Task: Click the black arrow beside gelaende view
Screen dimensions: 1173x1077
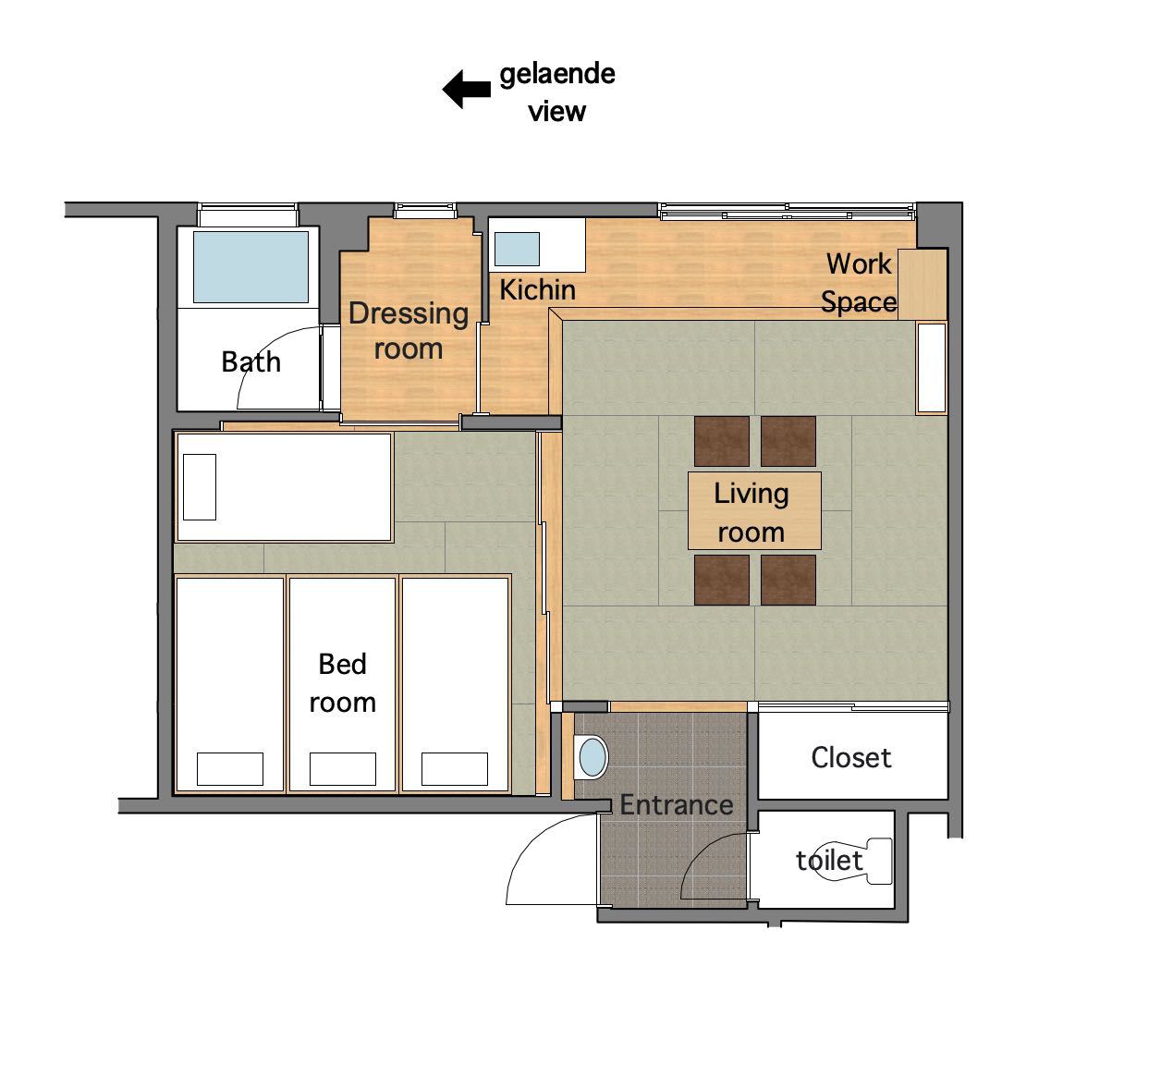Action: coord(466,90)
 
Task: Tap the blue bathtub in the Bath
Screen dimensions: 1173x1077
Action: coord(250,267)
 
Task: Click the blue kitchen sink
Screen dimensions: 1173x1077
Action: coord(517,249)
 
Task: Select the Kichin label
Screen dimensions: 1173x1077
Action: coord(537,290)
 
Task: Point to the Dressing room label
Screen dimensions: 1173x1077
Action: coord(409,331)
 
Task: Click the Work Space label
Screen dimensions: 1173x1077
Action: coord(859,283)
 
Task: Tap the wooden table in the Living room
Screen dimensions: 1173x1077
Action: coord(754,510)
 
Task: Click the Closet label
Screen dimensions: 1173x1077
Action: coord(850,758)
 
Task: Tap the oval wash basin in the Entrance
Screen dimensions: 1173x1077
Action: coord(593,757)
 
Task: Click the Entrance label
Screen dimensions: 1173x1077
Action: coord(676,805)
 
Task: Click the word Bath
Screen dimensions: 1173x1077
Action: coord(250,362)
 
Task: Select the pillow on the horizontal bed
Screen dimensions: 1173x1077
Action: coord(200,486)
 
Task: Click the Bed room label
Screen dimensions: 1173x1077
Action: coord(343,683)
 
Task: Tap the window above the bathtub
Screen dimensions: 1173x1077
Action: coord(248,214)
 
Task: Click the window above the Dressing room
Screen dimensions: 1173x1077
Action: coord(425,211)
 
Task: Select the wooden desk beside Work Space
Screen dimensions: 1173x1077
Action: coord(923,284)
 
